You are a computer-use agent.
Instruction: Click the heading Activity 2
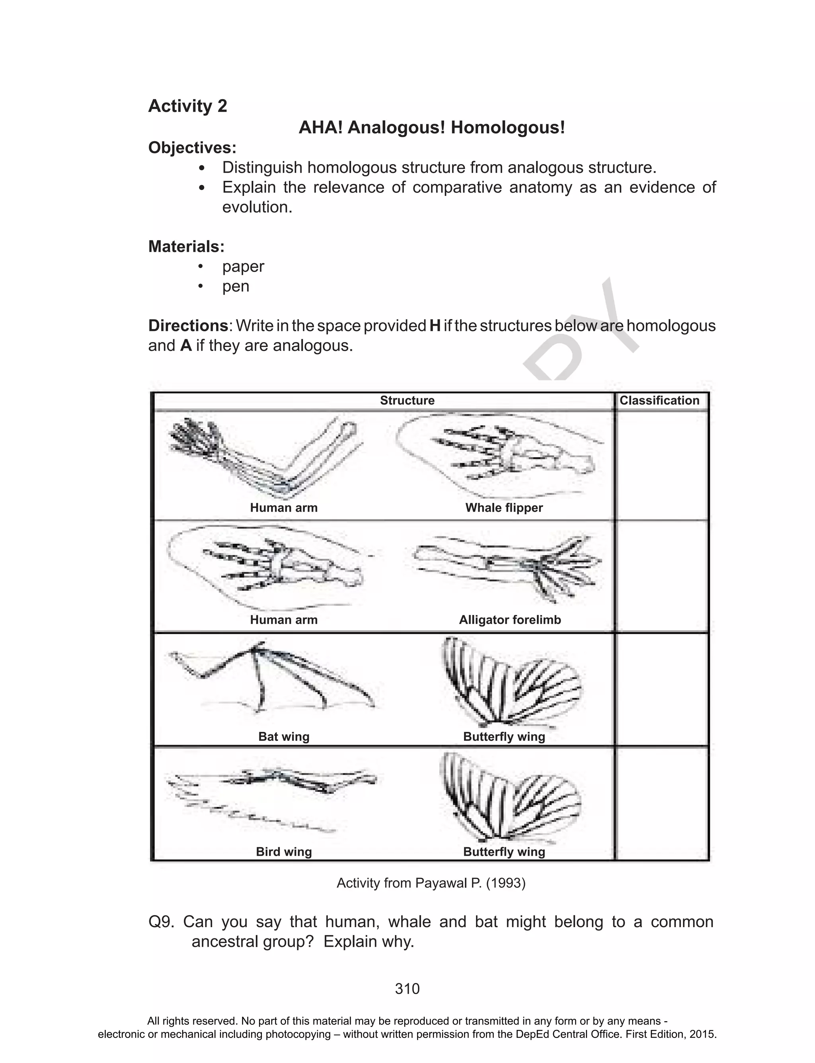[x=187, y=106]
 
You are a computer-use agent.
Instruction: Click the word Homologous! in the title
[x=507, y=128]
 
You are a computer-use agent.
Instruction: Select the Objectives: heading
[x=192, y=147]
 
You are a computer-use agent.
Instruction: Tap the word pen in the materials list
[x=235, y=286]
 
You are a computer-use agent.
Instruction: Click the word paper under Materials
[x=243, y=266]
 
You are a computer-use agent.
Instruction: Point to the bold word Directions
[x=188, y=326]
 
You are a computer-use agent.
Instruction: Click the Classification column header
[x=659, y=400]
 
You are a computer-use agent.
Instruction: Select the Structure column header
[x=407, y=400]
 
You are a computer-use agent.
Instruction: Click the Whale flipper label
[x=504, y=508]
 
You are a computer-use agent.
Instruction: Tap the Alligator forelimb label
[x=510, y=620]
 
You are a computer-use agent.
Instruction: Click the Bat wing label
[x=284, y=736]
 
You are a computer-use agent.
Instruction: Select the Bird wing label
[x=284, y=852]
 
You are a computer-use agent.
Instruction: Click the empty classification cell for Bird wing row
[x=662, y=803]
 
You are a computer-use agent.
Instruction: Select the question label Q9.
[x=161, y=922]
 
